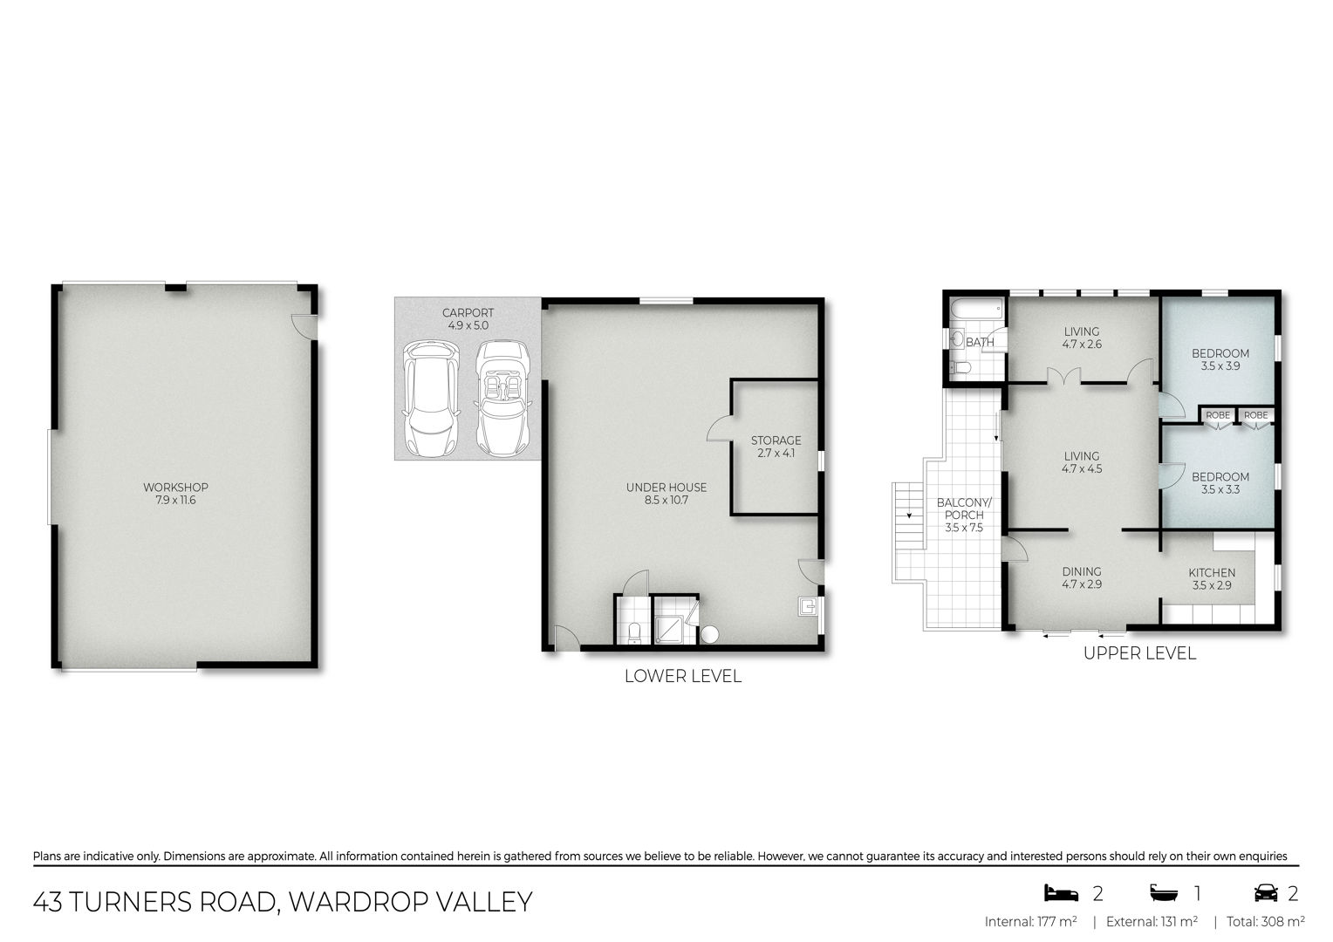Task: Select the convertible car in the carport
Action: [x=503, y=398]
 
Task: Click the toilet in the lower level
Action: [x=634, y=632]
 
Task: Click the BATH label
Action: [x=980, y=342]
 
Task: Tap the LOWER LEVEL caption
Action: [x=682, y=676]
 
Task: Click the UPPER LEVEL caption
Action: [x=1139, y=653]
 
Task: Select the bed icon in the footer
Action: [x=1061, y=892]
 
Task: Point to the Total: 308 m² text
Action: [x=1266, y=922]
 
